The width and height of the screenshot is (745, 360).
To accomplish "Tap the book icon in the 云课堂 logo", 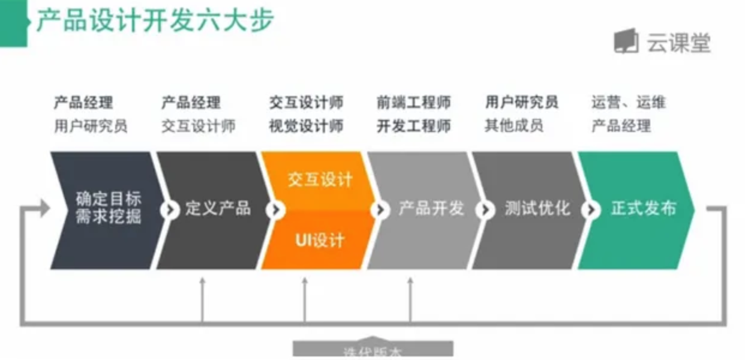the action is click(626, 41).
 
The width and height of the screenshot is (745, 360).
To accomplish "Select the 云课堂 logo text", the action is click(678, 42).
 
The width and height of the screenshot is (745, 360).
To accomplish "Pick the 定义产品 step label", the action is click(218, 209).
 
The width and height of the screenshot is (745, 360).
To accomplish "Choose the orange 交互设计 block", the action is click(320, 179).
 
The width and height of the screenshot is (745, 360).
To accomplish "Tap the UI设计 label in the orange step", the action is click(320, 241).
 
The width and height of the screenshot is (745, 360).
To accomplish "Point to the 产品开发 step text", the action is click(431, 209).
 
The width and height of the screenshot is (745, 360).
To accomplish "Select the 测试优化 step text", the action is click(537, 209).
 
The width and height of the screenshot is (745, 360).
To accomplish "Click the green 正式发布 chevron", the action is click(644, 208).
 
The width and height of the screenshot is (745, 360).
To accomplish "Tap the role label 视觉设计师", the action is click(307, 126).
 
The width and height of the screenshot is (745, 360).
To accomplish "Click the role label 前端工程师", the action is click(414, 103).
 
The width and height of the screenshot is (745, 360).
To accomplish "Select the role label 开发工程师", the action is click(414, 126).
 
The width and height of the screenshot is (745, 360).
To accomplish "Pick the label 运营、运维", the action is click(628, 103).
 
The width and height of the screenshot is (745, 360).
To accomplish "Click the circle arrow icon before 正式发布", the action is click(591, 210).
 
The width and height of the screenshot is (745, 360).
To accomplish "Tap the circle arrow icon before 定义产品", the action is click(170, 210).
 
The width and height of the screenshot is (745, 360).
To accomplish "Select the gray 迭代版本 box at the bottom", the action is click(372, 350).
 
